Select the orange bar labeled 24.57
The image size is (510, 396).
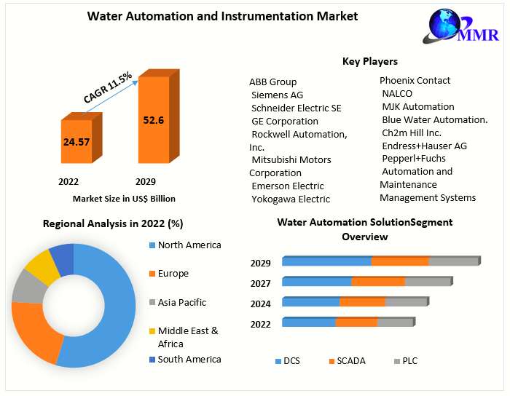(x=76, y=141)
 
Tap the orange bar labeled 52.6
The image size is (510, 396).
(x=153, y=120)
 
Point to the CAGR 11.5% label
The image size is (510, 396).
(x=107, y=87)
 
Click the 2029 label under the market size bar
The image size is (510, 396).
(x=146, y=181)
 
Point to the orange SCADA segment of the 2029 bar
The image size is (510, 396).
(x=399, y=261)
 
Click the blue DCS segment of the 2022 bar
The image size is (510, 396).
(x=309, y=322)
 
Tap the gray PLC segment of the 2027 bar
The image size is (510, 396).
(x=427, y=282)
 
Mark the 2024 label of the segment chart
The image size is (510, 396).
(x=261, y=304)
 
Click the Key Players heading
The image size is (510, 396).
(x=370, y=61)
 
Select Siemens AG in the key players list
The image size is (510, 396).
(x=277, y=95)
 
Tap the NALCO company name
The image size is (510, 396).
(x=397, y=93)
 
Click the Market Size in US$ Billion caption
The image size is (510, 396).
(x=124, y=198)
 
